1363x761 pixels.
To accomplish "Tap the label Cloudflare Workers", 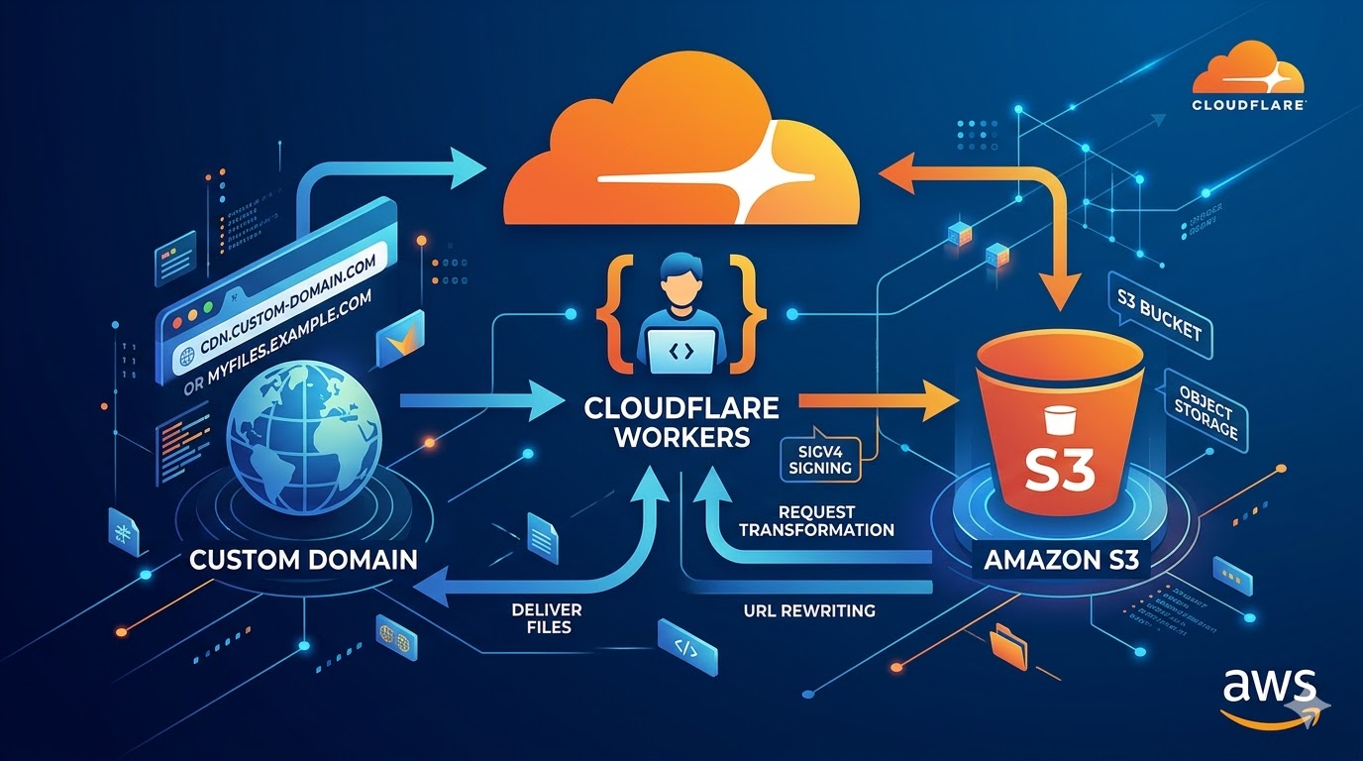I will (681, 422).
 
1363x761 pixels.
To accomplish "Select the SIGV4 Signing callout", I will (821, 458).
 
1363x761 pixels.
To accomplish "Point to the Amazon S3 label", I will (1061, 560).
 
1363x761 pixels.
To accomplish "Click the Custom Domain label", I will (303, 559).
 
